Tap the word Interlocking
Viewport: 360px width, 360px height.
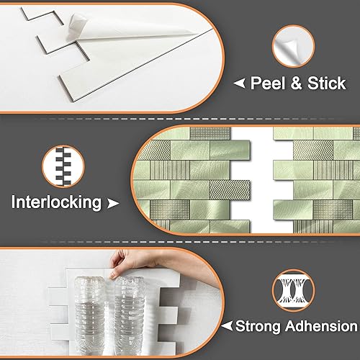55,202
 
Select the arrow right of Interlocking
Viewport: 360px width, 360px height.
112,204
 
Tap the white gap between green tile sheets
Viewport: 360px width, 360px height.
262,180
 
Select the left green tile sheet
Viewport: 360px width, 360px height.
202,180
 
